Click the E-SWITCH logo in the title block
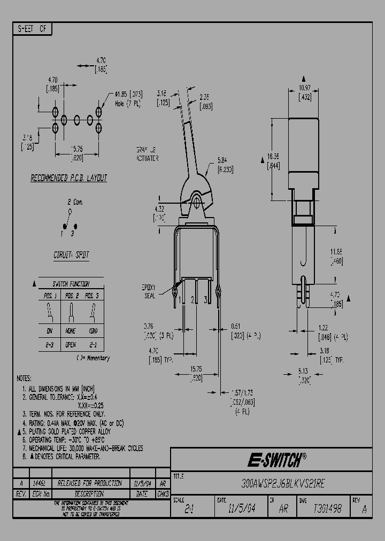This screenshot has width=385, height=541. click(276, 460)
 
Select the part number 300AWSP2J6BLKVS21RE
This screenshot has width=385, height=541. click(273, 483)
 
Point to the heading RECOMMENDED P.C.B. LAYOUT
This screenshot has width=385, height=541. click(68, 178)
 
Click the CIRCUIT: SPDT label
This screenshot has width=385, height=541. click(71, 255)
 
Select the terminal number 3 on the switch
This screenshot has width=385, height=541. click(205, 299)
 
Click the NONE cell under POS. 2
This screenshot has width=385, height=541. click(71, 331)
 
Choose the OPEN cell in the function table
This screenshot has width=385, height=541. click(71, 345)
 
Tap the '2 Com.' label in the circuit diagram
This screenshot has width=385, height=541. click(74, 203)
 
